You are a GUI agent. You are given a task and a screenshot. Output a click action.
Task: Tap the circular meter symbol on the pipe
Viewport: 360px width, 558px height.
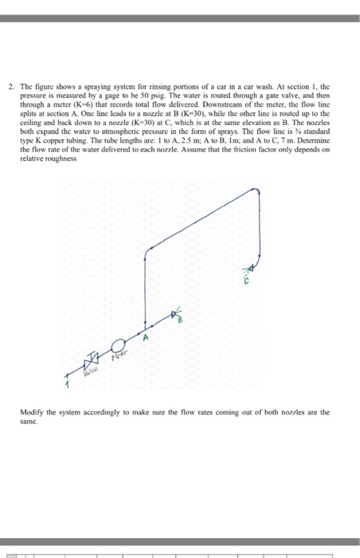pyautogui.click(x=119, y=345)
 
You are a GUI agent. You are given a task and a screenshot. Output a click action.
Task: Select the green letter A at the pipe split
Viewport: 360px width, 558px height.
pyautogui.click(x=146, y=339)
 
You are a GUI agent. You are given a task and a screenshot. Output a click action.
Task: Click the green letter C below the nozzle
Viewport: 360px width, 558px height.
pyautogui.click(x=248, y=281)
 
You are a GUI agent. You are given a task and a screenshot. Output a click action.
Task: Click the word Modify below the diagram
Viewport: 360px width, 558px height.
pyautogui.click(x=36, y=413)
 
